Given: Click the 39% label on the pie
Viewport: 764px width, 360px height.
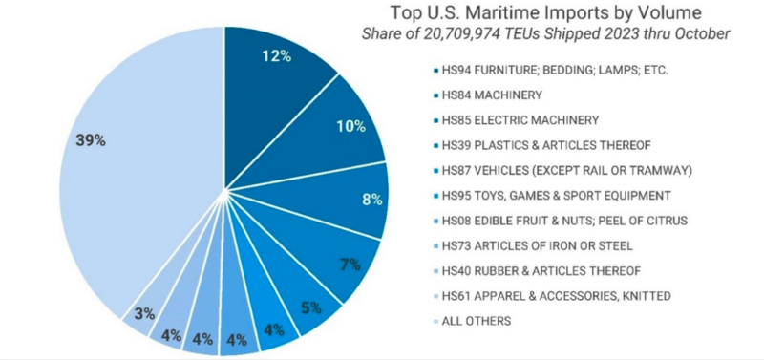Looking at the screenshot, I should pos(91,140).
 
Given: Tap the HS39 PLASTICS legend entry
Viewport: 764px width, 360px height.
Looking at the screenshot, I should pos(526,146).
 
